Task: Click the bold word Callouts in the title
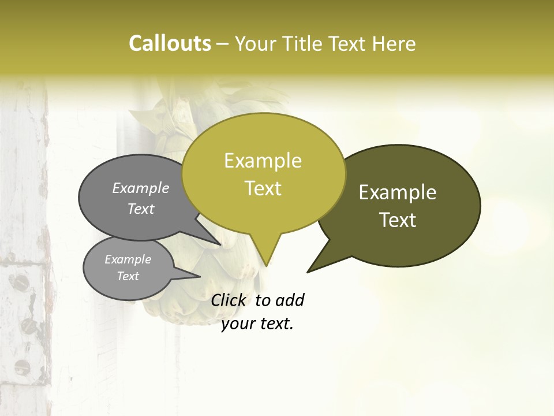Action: [x=170, y=43]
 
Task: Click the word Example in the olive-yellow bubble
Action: [x=263, y=161]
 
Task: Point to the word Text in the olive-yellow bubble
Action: [x=263, y=188]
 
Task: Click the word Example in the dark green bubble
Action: [x=398, y=192]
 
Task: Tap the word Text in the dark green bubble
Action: [x=398, y=220]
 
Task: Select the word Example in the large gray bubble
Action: [x=141, y=188]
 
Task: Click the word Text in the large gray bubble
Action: [x=141, y=209]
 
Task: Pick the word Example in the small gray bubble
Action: [x=128, y=259]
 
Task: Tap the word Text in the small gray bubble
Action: [x=128, y=276]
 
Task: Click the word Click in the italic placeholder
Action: [x=228, y=300]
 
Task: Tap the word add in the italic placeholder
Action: [x=289, y=300]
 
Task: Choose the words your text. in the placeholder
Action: [x=257, y=324]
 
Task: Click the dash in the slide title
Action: [x=223, y=43]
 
